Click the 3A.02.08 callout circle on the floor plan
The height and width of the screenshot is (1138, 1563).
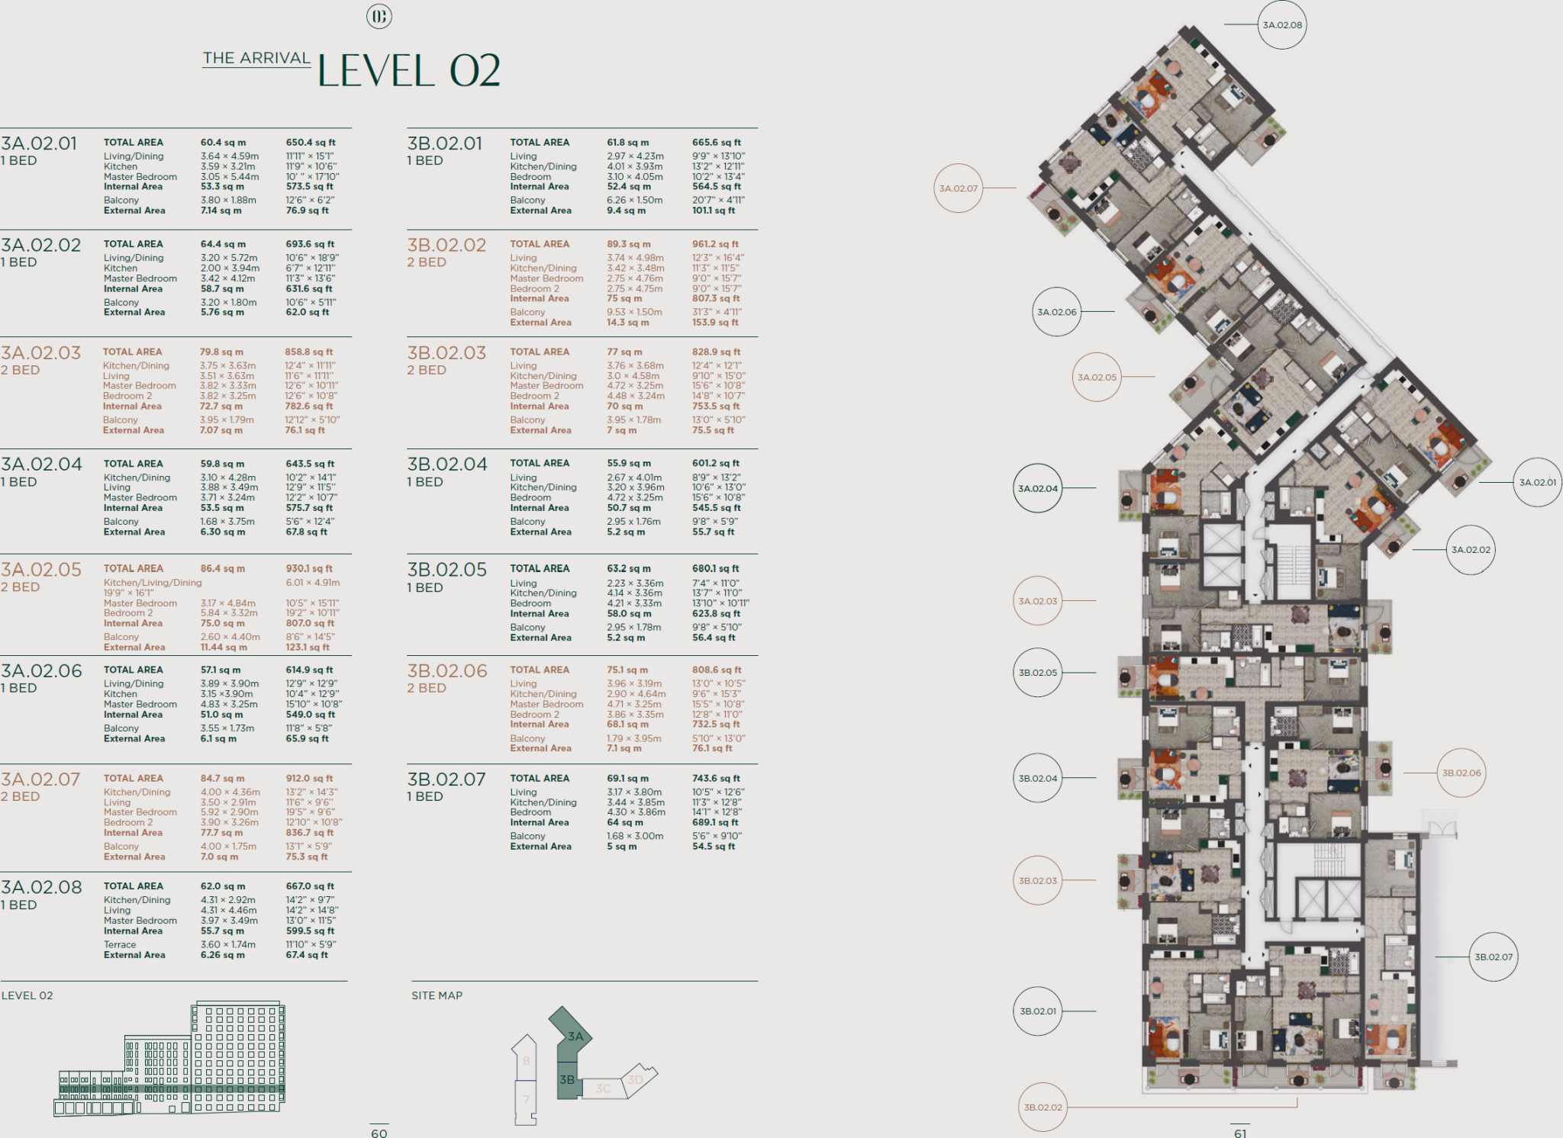pyautogui.click(x=1282, y=25)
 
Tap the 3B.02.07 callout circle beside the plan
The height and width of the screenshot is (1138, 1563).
pyautogui.click(x=1494, y=956)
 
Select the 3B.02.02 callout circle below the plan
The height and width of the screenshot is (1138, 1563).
pyautogui.click(x=1043, y=1107)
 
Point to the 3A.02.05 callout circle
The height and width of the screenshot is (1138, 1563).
pyautogui.click(x=1097, y=377)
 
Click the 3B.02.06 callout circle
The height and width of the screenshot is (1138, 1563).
pyautogui.click(x=1461, y=773)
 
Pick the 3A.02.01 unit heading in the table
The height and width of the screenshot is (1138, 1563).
pyautogui.click(x=39, y=143)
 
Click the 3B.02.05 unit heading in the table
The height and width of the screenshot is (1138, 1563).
pyautogui.click(x=446, y=570)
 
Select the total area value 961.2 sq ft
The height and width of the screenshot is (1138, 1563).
pyautogui.click(x=715, y=244)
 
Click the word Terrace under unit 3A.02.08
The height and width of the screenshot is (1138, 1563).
pyautogui.click(x=120, y=944)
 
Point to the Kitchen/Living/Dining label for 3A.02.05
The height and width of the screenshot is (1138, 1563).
pyautogui.click(x=153, y=583)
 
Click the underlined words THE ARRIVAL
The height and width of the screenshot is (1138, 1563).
pyautogui.click(x=256, y=58)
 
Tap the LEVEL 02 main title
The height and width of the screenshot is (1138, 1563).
pyautogui.click(x=408, y=71)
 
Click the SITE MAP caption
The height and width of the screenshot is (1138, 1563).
pyautogui.click(x=437, y=995)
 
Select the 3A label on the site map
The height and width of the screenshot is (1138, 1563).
pyautogui.click(x=575, y=1036)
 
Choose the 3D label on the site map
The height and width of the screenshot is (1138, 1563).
pyautogui.click(x=635, y=1079)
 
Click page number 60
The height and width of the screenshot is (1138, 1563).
pyautogui.click(x=379, y=1133)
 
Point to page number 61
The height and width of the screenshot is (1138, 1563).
pyautogui.click(x=1240, y=1133)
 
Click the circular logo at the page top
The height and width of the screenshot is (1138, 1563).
pyautogui.click(x=379, y=16)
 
